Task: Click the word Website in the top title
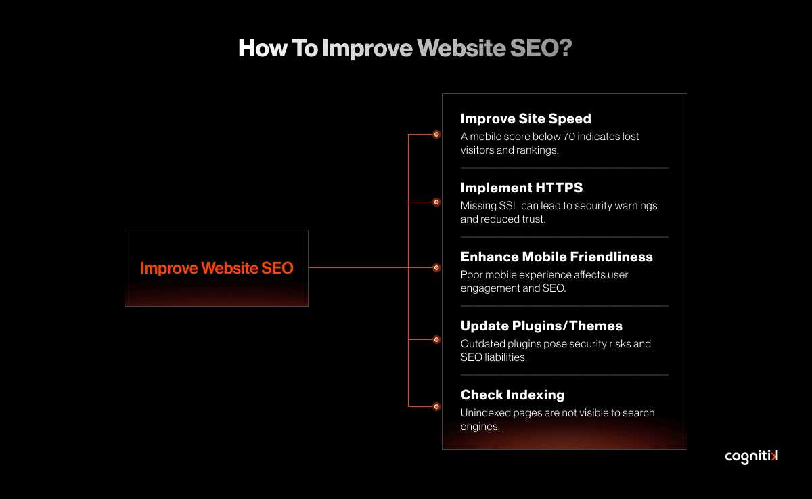pyautogui.click(x=461, y=48)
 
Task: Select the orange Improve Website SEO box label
pyautogui.click(x=217, y=268)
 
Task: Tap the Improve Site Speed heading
pyautogui.click(x=526, y=119)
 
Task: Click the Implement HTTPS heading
pyautogui.click(x=522, y=188)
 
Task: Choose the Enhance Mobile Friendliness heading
pyautogui.click(x=556, y=257)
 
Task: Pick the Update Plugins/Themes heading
pyautogui.click(x=541, y=326)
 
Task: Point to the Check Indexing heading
pyautogui.click(x=512, y=395)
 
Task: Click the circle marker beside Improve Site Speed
pyautogui.click(x=436, y=135)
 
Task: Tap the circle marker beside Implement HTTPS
pyautogui.click(x=436, y=202)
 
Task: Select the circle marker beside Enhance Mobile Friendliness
pyautogui.click(x=436, y=268)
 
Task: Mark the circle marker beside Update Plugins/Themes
pyautogui.click(x=436, y=339)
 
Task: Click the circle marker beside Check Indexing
pyautogui.click(x=436, y=406)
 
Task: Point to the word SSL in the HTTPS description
pyautogui.click(x=509, y=206)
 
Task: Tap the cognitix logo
pyautogui.click(x=751, y=456)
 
